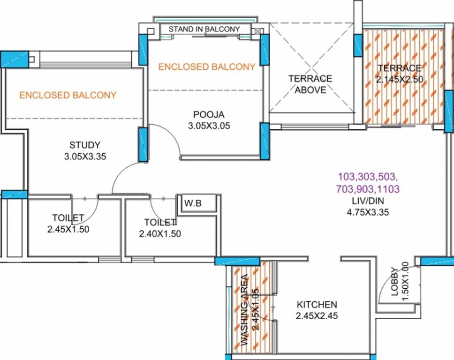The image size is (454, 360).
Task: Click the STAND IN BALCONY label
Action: [204, 29]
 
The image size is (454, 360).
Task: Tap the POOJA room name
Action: [209, 114]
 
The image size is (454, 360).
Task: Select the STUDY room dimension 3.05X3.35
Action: [85, 157]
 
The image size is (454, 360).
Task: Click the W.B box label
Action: [192, 204]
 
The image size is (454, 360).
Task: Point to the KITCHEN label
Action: [317, 304]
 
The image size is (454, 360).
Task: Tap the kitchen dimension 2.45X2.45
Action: [317, 316]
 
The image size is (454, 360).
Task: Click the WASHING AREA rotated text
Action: [245, 310]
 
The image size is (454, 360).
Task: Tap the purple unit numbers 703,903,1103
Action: [367, 189]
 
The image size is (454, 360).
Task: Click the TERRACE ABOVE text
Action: [310, 84]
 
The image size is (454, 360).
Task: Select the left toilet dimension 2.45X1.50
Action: [68, 229]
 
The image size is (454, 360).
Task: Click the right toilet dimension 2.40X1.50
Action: [160, 234]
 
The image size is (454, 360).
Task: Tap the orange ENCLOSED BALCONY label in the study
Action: [68, 95]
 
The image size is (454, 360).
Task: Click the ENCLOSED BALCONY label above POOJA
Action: [207, 67]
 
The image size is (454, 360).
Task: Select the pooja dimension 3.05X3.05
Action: [209, 126]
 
